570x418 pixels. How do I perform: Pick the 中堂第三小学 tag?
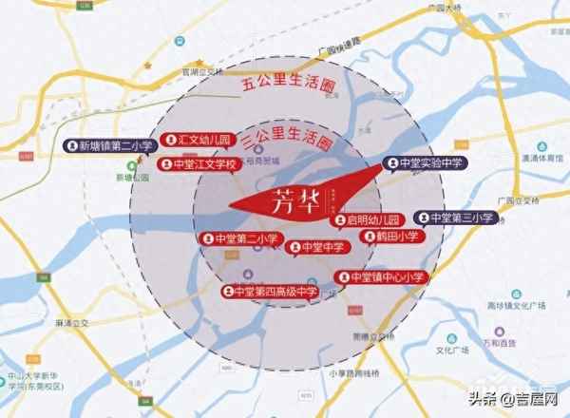pos(454,218)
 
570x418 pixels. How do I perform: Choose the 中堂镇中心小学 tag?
pos(382,277)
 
